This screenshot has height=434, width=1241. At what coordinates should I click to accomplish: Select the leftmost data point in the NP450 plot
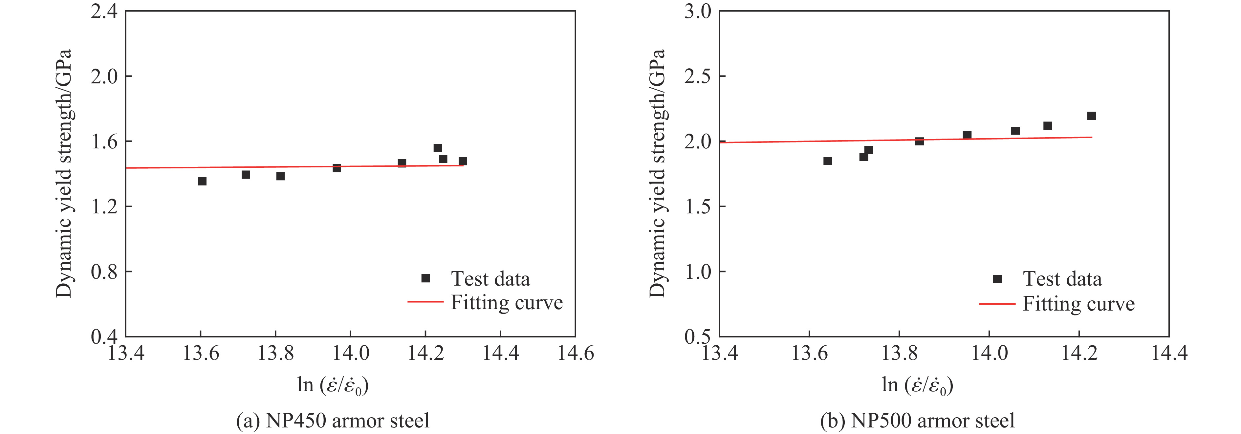pyautogui.click(x=202, y=181)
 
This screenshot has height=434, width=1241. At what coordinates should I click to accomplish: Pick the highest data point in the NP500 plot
pyautogui.click(x=1092, y=116)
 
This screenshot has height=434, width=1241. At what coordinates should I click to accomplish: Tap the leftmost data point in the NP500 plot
pyautogui.click(x=828, y=161)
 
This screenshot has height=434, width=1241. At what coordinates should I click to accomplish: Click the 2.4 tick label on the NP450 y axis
pyautogui.click(x=104, y=11)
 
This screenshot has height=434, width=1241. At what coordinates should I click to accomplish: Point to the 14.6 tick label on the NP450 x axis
pyautogui.click(x=576, y=354)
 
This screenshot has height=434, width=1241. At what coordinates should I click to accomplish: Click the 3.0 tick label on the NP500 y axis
pyautogui.click(x=698, y=11)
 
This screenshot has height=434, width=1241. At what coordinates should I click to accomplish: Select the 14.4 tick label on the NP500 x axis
pyautogui.click(x=1169, y=354)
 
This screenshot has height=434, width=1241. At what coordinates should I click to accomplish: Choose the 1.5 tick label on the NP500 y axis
pyautogui.click(x=698, y=206)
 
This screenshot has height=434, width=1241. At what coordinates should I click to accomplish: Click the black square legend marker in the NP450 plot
pyautogui.click(x=425, y=278)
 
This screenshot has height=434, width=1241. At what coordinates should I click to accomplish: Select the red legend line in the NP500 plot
pyautogui.click(x=997, y=304)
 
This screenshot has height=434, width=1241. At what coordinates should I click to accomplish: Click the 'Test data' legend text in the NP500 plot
pyautogui.click(x=1062, y=279)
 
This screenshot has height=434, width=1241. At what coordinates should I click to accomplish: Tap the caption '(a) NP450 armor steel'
pyautogui.click(x=332, y=421)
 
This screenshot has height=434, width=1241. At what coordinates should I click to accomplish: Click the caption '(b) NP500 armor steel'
pyautogui.click(x=917, y=421)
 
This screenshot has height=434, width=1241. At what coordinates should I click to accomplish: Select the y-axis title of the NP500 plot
pyautogui.click(x=657, y=173)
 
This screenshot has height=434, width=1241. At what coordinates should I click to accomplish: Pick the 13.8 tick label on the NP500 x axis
pyautogui.click(x=899, y=354)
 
